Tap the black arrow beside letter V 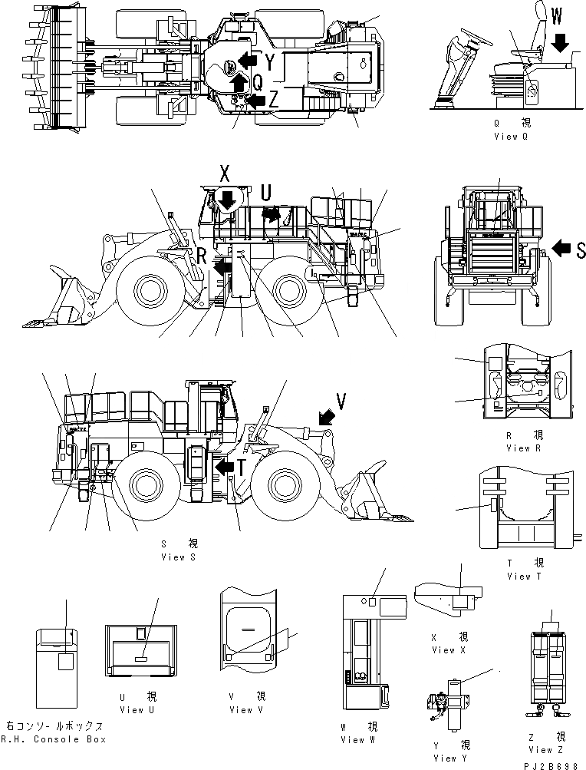[x=325, y=417]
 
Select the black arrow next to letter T [x=225, y=468]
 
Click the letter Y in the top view [x=270, y=61]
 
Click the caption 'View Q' [x=512, y=137]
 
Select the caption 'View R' [x=519, y=448]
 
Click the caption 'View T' [x=519, y=576]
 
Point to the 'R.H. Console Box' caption [x=54, y=739]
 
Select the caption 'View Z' [x=541, y=749]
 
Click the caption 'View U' [x=133, y=709]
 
